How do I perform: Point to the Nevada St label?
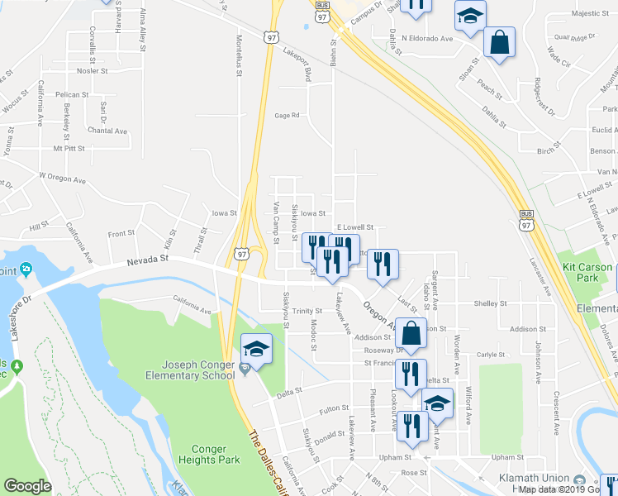[x=147, y=260]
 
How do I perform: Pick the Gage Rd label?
[x=286, y=116]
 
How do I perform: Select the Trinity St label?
[x=306, y=311]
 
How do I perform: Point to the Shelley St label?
[x=489, y=303]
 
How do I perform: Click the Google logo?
[x=28, y=485]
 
